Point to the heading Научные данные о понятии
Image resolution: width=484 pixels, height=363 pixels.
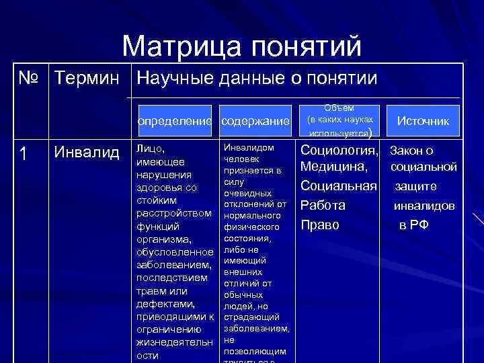tap(256, 79)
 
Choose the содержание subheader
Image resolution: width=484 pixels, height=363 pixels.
tap(255, 121)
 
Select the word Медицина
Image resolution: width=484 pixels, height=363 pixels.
tap(333, 166)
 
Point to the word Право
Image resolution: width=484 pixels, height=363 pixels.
tap(320, 225)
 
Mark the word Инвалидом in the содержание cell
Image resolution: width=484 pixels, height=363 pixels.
tap(248, 147)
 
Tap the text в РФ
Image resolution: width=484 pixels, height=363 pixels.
tap(413, 225)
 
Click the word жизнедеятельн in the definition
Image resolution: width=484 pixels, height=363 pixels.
tap(173, 342)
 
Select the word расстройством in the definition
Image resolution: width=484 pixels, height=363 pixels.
tap(173, 213)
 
